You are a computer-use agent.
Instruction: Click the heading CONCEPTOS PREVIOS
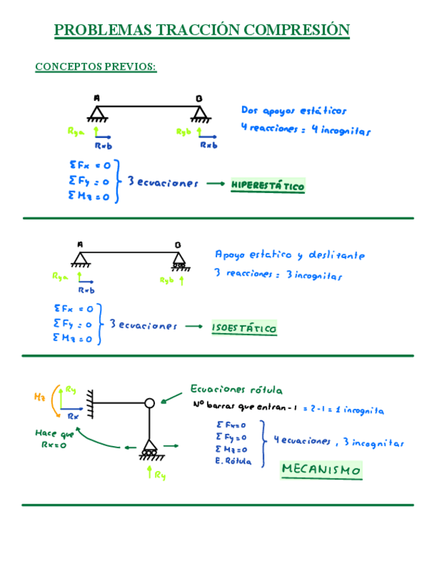coord(95,66)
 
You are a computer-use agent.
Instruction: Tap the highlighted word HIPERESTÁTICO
coord(268,185)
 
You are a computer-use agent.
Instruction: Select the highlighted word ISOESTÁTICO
coord(244,328)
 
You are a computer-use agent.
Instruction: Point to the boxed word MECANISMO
coord(321,470)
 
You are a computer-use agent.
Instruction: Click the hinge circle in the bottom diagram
coord(149,403)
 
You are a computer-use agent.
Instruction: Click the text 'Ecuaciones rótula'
coord(236,390)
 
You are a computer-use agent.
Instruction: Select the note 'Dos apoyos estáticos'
coord(294,110)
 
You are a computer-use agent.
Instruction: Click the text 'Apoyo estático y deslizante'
coord(290,255)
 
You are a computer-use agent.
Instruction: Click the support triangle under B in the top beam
coord(199,112)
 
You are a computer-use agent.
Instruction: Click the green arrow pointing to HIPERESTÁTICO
coord(214,183)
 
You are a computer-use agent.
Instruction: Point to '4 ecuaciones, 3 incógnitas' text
coord(338,443)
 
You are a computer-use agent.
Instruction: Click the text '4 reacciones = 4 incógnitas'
coord(305,129)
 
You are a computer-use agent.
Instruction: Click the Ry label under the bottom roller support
coord(160,475)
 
